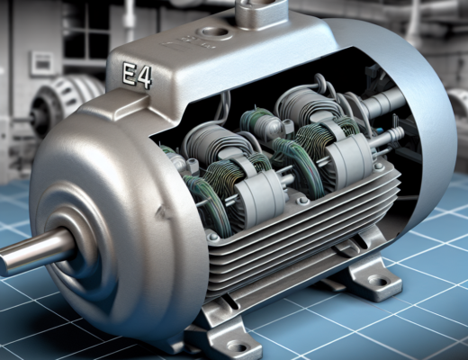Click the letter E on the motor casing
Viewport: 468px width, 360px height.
tap(130, 75)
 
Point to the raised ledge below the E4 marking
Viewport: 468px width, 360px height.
tap(144, 99)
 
